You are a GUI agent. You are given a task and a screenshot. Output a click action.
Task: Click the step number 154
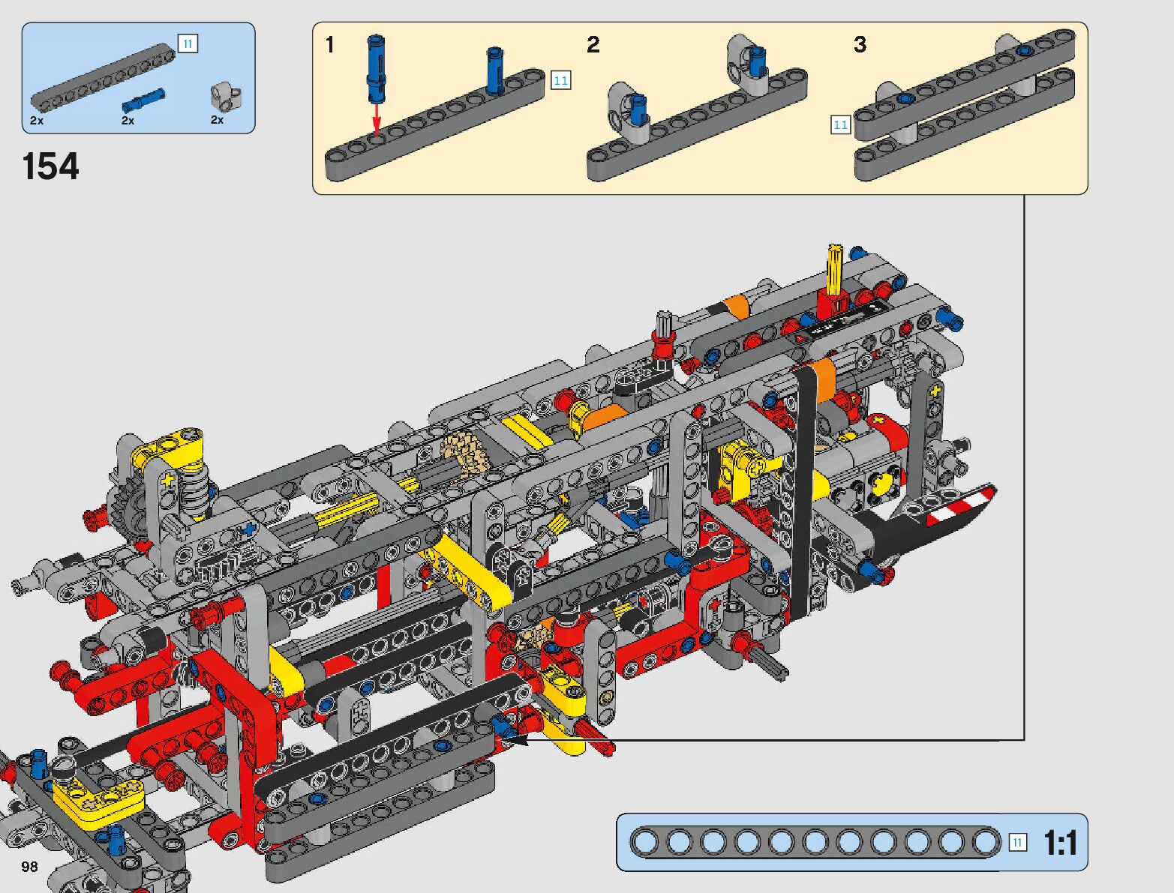tap(51, 166)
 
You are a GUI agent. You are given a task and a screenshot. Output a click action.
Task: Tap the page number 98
tap(29, 866)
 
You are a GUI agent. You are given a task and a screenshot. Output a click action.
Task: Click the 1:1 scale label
tap(1060, 844)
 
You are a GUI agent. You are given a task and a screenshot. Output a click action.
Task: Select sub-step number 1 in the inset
tap(330, 45)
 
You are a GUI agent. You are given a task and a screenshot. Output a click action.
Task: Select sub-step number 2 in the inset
tap(593, 45)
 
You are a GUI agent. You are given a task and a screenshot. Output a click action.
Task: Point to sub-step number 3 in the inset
tap(860, 45)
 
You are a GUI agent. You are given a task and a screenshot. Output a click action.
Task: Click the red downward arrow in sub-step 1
tap(377, 119)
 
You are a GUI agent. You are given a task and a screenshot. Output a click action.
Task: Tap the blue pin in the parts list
tap(143, 100)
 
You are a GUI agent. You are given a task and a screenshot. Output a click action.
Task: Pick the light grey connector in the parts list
tap(227, 96)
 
